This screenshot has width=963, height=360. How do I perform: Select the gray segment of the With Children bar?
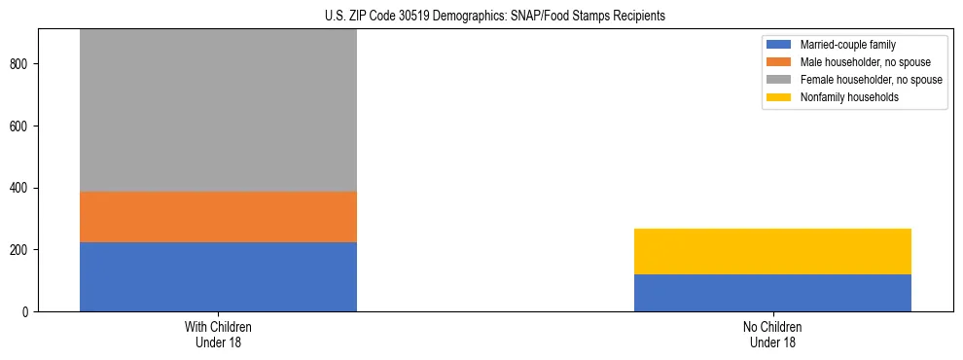click(218, 110)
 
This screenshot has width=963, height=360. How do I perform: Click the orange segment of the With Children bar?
click(218, 216)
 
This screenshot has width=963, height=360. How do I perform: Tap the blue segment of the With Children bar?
click(218, 276)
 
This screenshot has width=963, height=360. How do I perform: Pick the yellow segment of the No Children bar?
click(772, 251)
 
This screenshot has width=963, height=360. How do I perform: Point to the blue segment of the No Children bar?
click(772, 293)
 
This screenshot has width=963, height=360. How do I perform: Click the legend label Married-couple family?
click(847, 45)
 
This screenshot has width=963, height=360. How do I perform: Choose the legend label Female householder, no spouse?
click(871, 80)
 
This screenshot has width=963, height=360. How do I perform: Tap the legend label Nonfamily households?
click(842, 97)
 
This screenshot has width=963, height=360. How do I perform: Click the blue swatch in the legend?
click(779, 45)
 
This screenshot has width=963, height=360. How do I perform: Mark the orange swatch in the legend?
click(779, 62)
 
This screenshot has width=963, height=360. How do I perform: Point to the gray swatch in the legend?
click(779, 80)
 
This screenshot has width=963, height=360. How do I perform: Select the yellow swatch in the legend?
click(779, 97)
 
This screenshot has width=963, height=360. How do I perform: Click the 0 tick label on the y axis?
click(26, 311)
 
